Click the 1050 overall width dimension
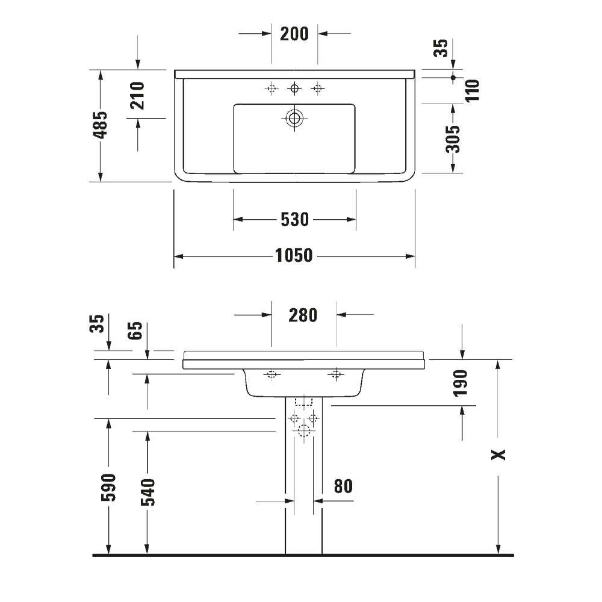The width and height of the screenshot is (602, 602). [294, 256]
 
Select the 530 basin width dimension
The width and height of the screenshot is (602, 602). [294, 220]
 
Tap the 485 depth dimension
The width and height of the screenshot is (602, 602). [101, 125]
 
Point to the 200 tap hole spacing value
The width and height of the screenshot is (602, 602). [294, 34]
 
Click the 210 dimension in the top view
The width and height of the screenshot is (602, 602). [137, 96]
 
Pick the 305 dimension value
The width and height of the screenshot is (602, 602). [453, 138]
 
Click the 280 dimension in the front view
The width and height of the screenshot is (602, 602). [303, 315]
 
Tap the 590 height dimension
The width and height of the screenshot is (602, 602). [108, 487]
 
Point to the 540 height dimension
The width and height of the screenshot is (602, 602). [147, 492]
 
